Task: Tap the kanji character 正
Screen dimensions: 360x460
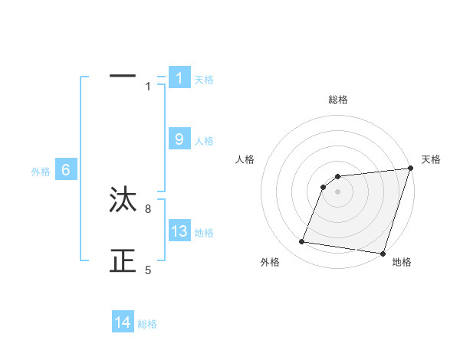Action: [123, 262]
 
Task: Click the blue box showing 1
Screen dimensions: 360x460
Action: [179, 78]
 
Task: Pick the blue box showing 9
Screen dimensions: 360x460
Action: [179, 139]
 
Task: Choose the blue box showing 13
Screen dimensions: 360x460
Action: [179, 231]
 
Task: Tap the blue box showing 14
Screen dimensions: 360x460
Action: [123, 322]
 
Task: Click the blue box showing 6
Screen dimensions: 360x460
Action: [66, 171]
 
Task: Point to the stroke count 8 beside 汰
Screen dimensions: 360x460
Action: [148, 208]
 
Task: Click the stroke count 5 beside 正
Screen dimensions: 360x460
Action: [148, 270]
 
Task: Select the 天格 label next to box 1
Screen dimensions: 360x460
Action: [204, 80]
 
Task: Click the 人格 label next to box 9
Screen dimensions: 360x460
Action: [204, 141]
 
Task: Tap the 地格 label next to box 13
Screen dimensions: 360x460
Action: [204, 233]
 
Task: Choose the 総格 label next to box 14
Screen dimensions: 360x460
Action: [147, 324]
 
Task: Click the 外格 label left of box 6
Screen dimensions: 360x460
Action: [41, 172]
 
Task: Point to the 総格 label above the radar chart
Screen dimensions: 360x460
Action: [337, 100]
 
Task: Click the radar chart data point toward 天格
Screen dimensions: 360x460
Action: [410, 169]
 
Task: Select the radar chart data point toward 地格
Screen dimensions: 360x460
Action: [383, 253]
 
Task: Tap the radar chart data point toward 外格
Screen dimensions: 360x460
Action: [302, 242]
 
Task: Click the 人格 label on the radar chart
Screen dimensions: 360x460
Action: [245, 159]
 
